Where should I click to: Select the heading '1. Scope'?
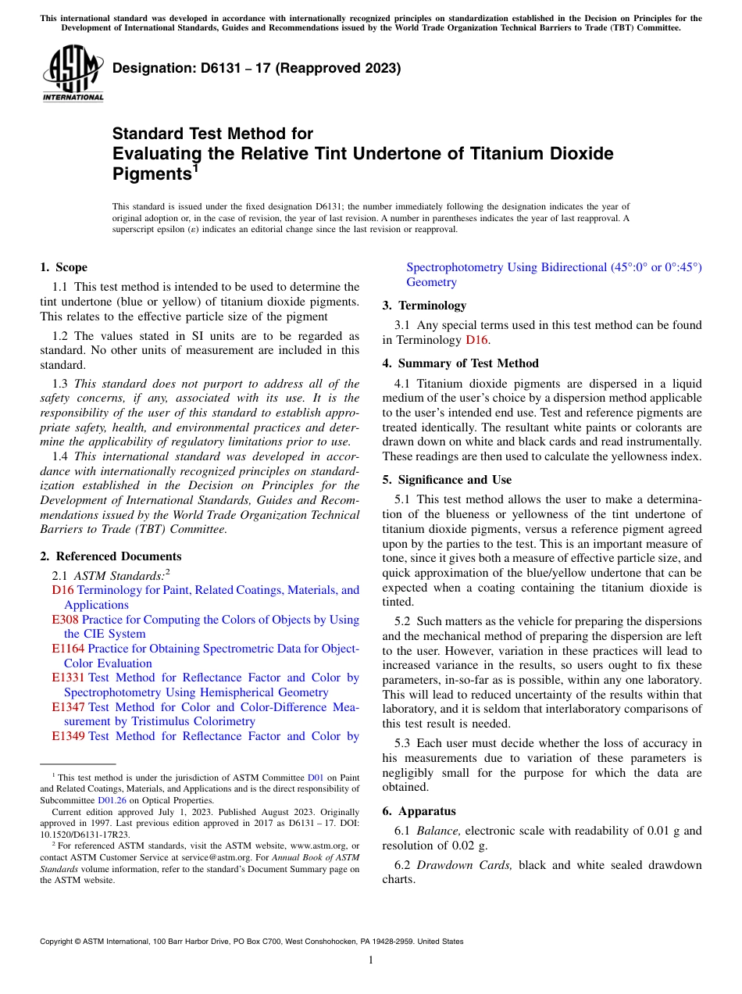tap(63, 267)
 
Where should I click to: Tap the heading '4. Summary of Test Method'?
tap(460, 363)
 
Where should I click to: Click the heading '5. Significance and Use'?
tap(447, 480)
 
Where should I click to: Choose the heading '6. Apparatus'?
tap(419, 811)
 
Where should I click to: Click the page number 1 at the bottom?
tap(371, 960)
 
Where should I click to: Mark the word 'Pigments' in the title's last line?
tap(152, 173)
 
